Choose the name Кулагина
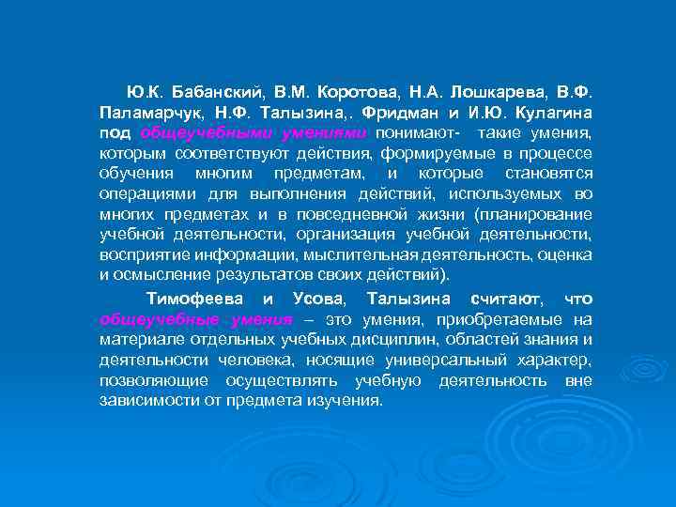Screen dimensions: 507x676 point(554,114)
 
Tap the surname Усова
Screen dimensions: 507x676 point(319,299)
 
